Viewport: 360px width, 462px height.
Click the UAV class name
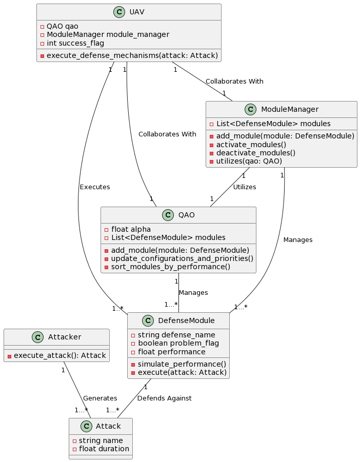137,12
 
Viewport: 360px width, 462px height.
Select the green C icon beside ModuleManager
251,109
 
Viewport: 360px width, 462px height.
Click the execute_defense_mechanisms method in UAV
132,55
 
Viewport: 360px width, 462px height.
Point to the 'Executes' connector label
95,187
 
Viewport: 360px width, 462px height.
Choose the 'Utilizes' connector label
245,187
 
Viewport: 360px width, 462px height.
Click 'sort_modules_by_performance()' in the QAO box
170,267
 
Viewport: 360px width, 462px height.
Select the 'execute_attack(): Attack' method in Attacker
59,355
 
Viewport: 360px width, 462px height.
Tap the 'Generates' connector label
100,398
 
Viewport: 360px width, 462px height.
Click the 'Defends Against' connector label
165,398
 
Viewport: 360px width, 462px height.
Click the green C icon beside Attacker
38,337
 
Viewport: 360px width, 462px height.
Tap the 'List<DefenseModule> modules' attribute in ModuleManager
273,124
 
